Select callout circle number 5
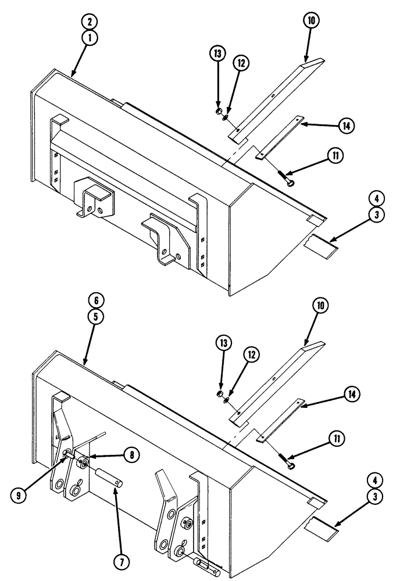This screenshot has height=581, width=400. tap(97, 316)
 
